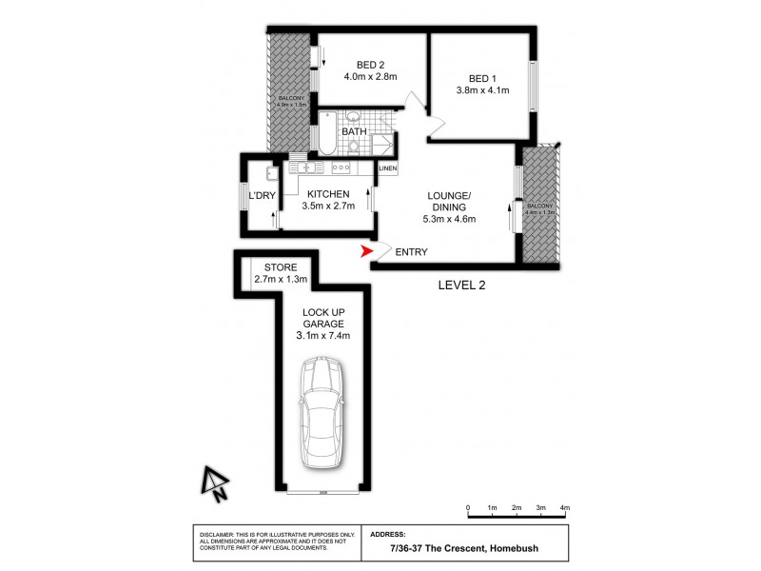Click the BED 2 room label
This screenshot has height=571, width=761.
358,65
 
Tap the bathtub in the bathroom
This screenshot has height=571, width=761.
325,134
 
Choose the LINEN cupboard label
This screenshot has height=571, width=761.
387,169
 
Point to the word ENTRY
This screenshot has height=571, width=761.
411,252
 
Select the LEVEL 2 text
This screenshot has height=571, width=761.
462,285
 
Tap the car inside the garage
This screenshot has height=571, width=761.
322,414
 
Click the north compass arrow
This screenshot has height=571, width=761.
213,483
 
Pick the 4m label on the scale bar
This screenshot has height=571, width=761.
565,509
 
